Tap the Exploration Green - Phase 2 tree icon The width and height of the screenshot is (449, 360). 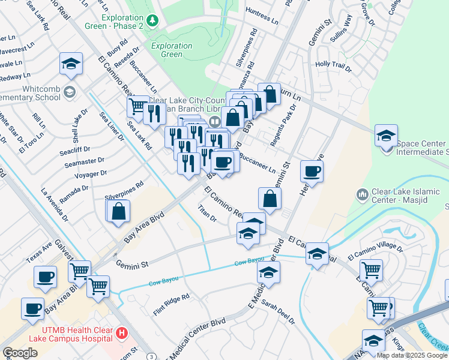153,21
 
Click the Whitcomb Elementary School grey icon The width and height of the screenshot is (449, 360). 70,92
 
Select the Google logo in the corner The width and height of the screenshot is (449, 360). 20,352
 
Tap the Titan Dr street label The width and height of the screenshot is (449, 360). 207,214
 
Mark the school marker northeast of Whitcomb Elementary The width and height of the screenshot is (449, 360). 71,64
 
